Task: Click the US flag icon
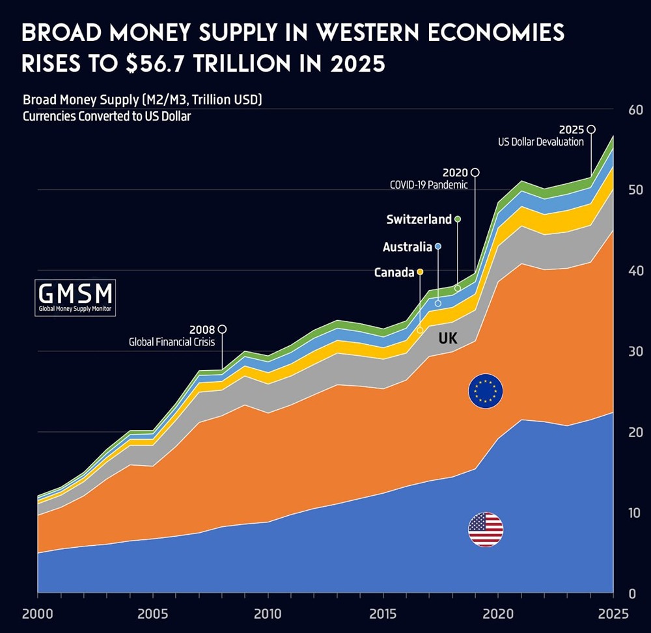click(486, 530)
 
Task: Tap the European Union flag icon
click(486, 391)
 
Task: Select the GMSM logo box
click(76, 298)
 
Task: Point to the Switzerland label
click(419, 219)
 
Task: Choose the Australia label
click(408, 247)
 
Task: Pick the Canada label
click(394, 273)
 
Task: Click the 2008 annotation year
click(202, 329)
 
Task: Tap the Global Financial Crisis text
click(171, 342)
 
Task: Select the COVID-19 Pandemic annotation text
click(428, 185)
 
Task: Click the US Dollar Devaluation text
click(541, 141)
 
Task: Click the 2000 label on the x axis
click(37, 613)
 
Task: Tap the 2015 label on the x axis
click(383, 613)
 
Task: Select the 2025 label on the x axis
click(613, 613)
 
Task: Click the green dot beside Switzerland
click(458, 219)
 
